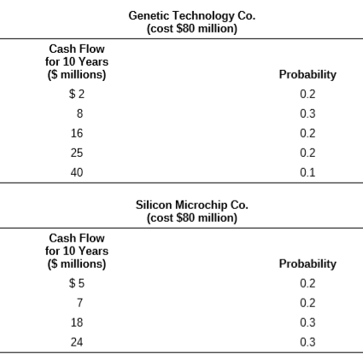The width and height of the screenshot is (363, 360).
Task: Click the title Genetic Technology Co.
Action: tap(192, 15)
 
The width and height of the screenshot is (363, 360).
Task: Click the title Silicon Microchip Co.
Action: tap(192, 205)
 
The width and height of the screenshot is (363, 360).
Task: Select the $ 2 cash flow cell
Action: tap(77, 94)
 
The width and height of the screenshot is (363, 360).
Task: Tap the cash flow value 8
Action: tap(79, 113)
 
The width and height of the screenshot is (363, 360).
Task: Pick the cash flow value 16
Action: tap(77, 133)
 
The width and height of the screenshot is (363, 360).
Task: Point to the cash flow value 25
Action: tap(77, 153)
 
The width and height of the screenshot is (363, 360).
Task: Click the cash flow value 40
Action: tap(77, 172)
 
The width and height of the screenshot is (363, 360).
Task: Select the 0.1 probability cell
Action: tap(307, 172)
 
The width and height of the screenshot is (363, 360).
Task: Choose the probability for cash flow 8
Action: tap(307, 113)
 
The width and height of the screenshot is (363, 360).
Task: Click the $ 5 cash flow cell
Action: tap(77, 283)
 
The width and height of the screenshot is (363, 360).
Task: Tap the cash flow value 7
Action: tap(79, 303)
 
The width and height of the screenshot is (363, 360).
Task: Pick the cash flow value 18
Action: tap(77, 322)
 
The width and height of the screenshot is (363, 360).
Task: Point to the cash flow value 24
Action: tap(77, 342)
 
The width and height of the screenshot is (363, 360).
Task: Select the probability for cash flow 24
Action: tap(307, 342)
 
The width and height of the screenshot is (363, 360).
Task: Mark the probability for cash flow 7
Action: tap(307, 303)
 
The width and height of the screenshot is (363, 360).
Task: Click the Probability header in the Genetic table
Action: tap(307, 75)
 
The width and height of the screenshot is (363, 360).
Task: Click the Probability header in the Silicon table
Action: tap(307, 264)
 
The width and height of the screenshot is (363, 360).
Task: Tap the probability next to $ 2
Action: tap(307, 94)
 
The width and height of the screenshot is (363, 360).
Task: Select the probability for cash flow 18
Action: tap(307, 322)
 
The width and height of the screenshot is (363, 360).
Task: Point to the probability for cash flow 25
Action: tap(307, 153)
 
